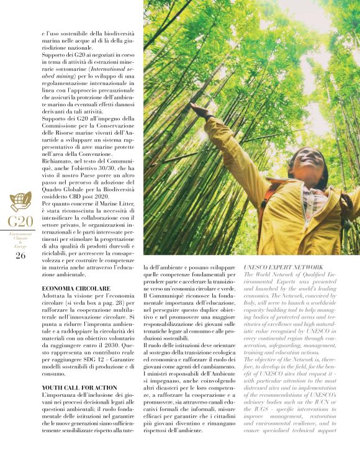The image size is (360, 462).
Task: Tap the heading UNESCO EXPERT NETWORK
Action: click(274, 266)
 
